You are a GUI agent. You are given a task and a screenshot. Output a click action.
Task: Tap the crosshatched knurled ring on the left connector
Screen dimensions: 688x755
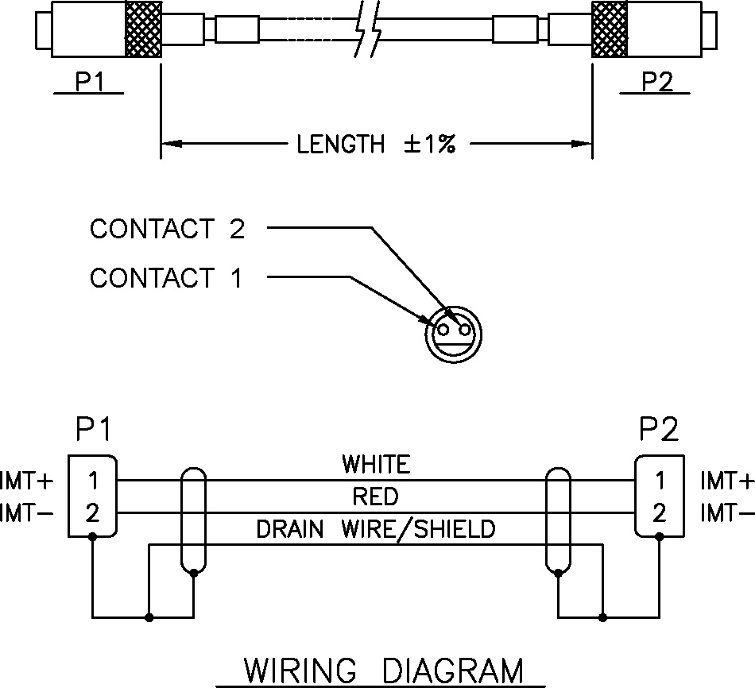(143, 29)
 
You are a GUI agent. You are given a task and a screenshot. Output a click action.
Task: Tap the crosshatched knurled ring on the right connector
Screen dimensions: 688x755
(610, 29)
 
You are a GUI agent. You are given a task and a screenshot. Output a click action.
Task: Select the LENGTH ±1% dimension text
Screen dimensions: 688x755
(376, 145)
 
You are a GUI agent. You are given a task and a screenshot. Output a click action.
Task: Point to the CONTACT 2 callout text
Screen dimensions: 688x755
(167, 229)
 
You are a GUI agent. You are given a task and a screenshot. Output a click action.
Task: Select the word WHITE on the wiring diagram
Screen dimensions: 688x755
(376, 463)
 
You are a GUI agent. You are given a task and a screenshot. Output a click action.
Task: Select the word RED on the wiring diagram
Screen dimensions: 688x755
(375, 497)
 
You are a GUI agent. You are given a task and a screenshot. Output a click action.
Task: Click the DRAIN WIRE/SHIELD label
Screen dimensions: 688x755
(375, 529)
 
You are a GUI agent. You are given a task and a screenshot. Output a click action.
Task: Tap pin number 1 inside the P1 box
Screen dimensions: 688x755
(93, 481)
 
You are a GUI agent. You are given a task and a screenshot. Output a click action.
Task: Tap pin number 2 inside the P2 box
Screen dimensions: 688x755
(659, 513)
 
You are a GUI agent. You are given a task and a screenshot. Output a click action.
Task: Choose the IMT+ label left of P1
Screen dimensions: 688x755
(27, 481)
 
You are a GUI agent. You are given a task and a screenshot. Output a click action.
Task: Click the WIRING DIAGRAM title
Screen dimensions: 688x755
(382, 671)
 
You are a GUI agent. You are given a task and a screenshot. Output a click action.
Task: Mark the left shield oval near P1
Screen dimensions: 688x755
(194, 520)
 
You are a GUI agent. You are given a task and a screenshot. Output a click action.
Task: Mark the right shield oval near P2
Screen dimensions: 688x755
(558, 520)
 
